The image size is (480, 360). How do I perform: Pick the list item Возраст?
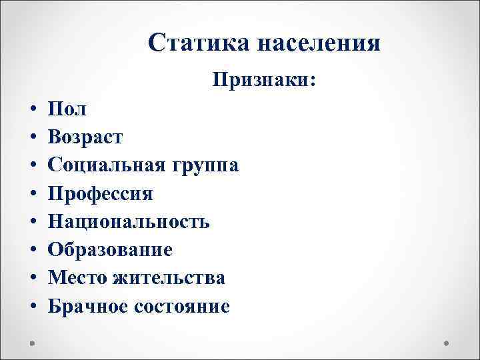85,138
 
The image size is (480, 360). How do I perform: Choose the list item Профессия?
101,194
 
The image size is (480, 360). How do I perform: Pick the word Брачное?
89,306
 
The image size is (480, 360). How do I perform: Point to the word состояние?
183,306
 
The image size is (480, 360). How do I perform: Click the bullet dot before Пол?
33,110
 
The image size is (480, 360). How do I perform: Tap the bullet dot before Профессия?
33,195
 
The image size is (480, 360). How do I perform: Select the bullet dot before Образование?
33,251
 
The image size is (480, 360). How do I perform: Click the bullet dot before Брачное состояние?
33,307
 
